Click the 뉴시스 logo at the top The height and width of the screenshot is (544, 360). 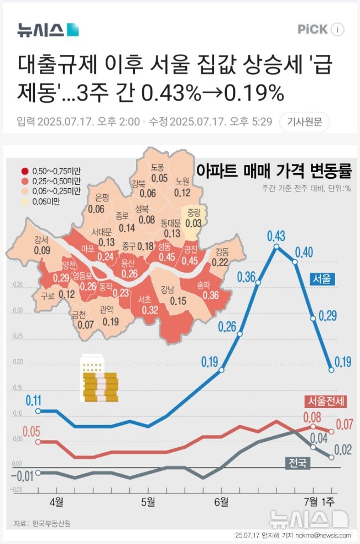tap(48, 29)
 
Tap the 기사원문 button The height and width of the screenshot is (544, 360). tap(304, 121)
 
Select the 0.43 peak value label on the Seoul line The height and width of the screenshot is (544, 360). tap(276, 237)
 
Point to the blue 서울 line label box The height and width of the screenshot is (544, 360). tap(323, 279)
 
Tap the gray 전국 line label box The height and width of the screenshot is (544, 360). tap(296, 463)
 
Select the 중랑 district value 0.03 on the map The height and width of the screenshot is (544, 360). tap(194, 222)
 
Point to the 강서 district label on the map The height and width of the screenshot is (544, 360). tap(41, 240)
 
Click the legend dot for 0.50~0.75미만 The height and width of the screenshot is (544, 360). tap(25, 171)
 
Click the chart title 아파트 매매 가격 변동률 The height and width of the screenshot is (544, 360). tap(274, 170)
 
